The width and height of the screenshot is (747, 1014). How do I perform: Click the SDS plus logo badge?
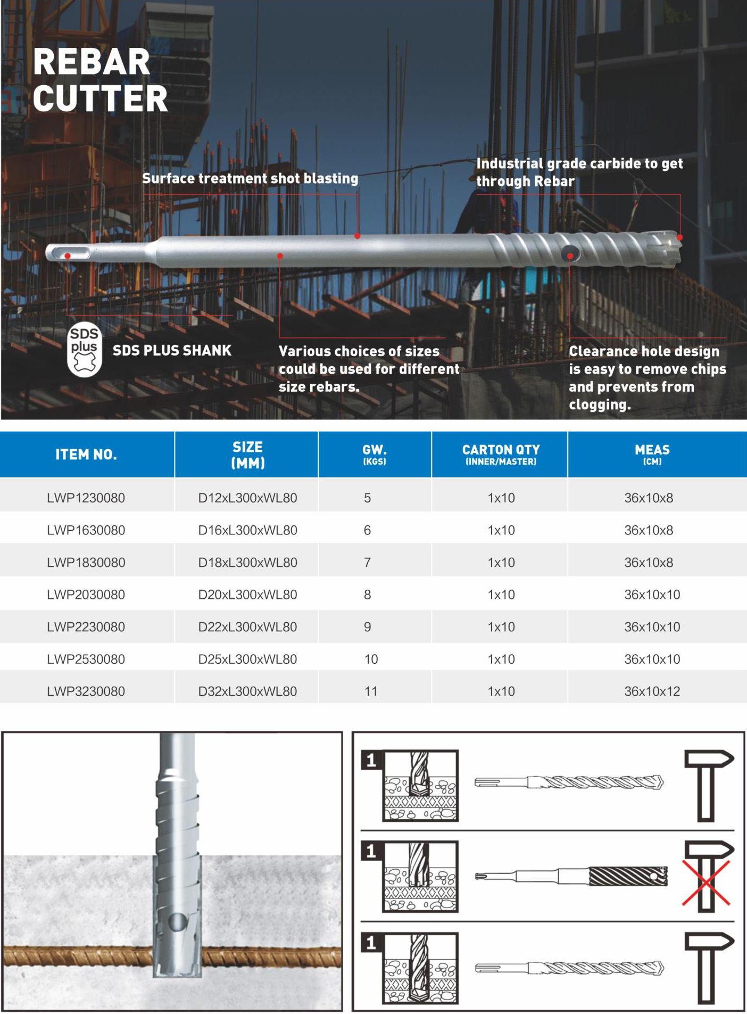pyautogui.click(x=85, y=350)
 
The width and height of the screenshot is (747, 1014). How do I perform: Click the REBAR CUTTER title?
pyautogui.click(x=100, y=80)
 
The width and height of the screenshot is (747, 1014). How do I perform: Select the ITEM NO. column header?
pyautogui.click(x=86, y=454)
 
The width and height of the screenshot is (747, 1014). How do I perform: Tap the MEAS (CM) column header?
pyautogui.click(x=652, y=454)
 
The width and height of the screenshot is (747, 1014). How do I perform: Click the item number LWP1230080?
pyautogui.click(x=86, y=498)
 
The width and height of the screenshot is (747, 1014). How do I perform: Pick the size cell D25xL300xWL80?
pyautogui.click(x=247, y=659)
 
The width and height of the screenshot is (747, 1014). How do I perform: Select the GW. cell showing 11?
pyautogui.click(x=371, y=691)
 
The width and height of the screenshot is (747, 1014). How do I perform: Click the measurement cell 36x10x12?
pyautogui.click(x=652, y=691)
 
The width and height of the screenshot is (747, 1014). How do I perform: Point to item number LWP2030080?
pyautogui.click(x=86, y=595)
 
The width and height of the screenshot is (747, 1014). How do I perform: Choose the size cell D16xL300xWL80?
pyautogui.click(x=247, y=530)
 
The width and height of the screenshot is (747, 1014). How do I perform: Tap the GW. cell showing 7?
pyautogui.click(x=367, y=562)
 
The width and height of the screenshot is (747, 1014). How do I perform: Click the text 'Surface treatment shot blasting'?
pyautogui.click(x=250, y=178)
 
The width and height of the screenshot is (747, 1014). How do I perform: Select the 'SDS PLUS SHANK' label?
pyautogui.click(x=172, y=350)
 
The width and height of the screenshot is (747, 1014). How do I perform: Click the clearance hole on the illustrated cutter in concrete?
pyautogui.click(x=177, y=922)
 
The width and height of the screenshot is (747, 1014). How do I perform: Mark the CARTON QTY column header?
pyautogui.click(x=500, y=454)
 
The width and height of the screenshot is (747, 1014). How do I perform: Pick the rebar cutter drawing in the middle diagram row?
pyautogui.click(x=572, y=876)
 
